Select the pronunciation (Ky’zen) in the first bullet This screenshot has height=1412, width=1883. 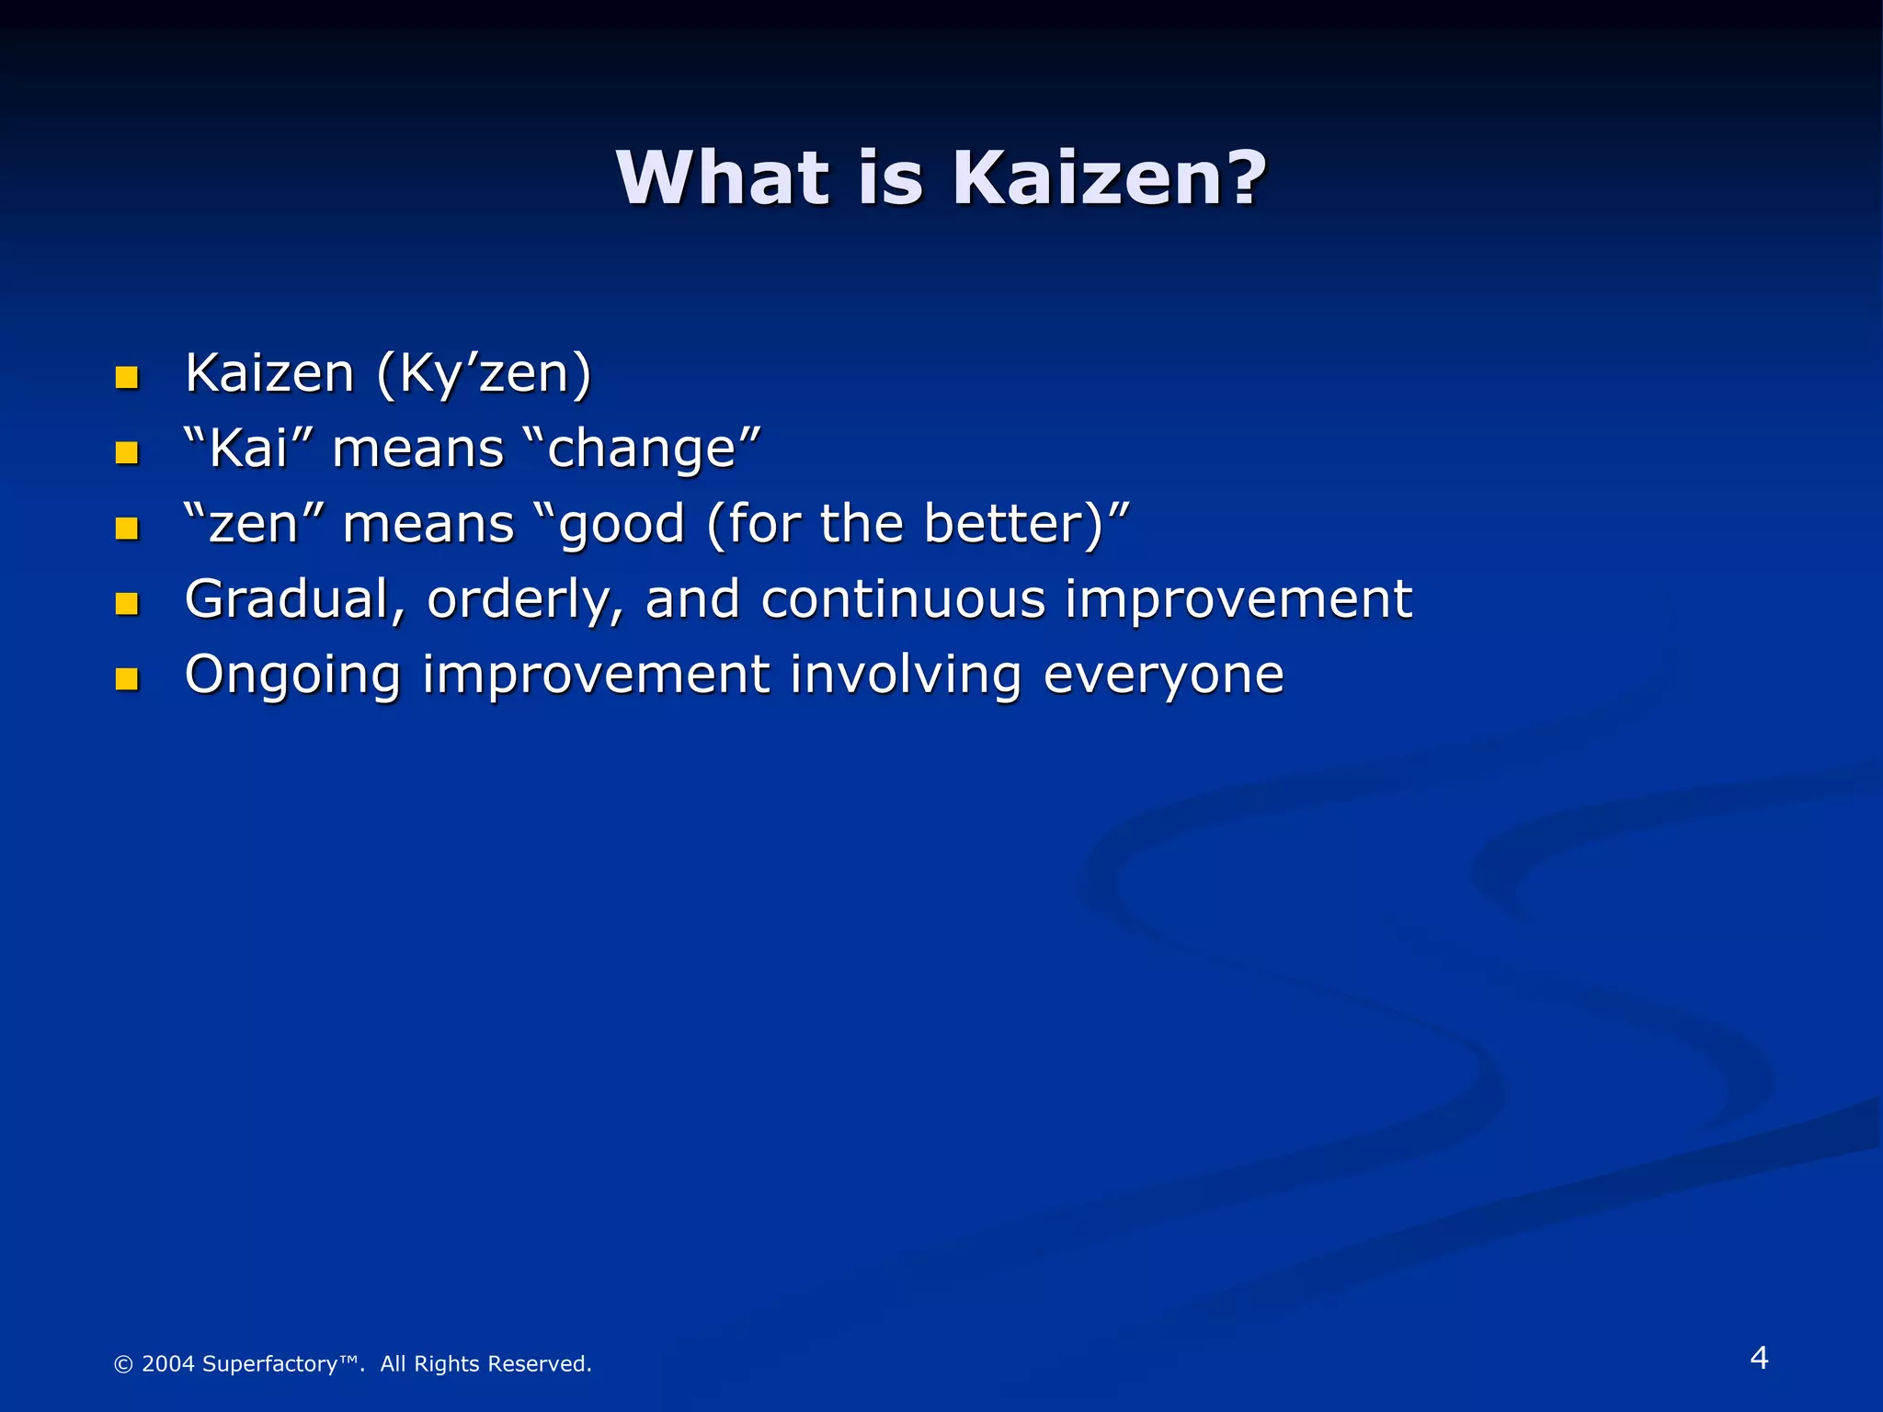(x=485, y=374)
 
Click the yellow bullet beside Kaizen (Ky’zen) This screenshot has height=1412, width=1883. (x=127, y=378)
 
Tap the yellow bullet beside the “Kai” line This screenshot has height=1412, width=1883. (x=127, y=453)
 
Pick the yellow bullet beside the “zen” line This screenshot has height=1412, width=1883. (x=127, y=529)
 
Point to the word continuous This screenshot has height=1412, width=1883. (x=903, y=599)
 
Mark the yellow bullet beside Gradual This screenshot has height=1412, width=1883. (x=127, y=604)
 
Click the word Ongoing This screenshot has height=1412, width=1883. (x=292, y=677)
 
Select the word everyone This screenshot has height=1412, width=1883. (x=1163, y=677)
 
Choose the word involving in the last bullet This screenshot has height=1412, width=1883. (x=906, y=677)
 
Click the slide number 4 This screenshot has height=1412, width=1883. (x=1759, y=1358)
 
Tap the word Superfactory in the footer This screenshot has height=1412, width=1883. (x=269, y=1364)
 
